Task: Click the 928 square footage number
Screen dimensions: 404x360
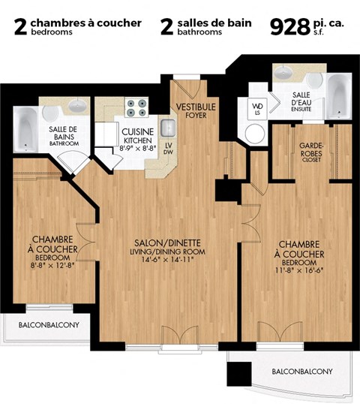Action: tap(289, 26)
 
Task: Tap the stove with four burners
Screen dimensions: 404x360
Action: tap(136, 108)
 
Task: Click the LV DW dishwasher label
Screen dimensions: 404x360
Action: tap(168, 148)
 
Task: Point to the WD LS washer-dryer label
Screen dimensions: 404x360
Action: tap(257, 109)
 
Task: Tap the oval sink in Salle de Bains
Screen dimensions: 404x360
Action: tap(53, 113)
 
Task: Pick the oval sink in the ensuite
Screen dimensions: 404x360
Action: tap(285, 74)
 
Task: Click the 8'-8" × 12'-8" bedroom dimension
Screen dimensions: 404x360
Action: tap(52, 265)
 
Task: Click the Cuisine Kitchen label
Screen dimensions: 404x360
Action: tap(138, 136)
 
